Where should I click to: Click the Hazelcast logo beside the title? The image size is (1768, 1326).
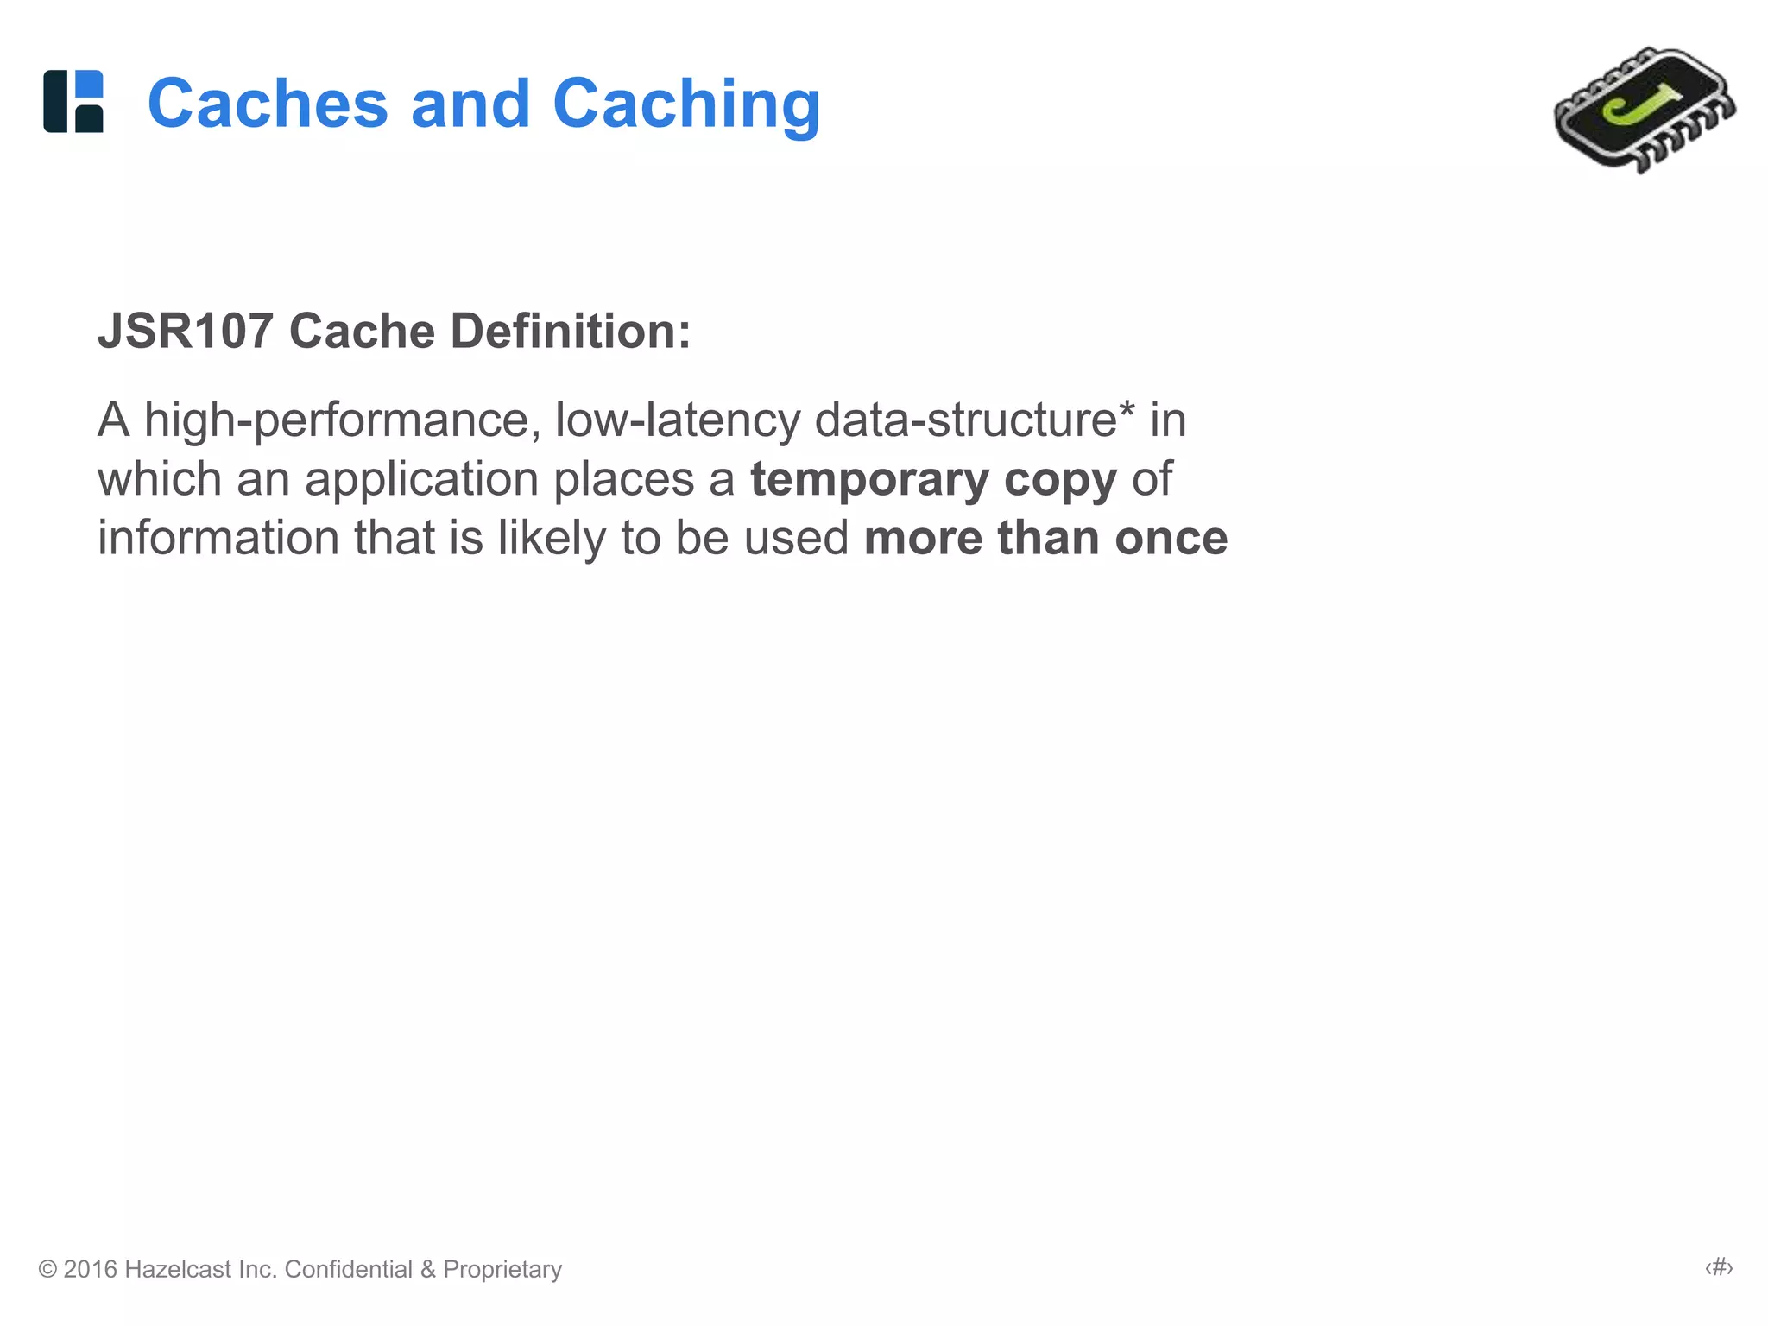pyautogui.click(x=73, y=102)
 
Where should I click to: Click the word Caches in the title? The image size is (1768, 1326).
pyautogui.click(x=268, y=104)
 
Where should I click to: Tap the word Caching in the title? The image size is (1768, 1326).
pyautogui.click(x=685, y=105)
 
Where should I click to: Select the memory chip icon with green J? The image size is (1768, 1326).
pyautogui.click(x=1644, y=110)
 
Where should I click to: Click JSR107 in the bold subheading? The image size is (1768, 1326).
pyautogui.click(x=185, y=331)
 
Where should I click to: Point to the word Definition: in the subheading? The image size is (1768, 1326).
pyautogui.click(x=571, y=331)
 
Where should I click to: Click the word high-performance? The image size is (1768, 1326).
pyautogui.click(x=342, y=421)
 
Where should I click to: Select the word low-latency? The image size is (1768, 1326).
pyautogui.click(x=678, y=421)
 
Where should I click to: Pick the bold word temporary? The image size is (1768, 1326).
pyautogui.click(x=869, y=480)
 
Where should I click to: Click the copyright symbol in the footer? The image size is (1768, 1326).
pyautogui.click(x=47, y=1269)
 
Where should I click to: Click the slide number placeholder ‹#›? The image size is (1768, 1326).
pyautogui.click(x=1719, y=1267)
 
